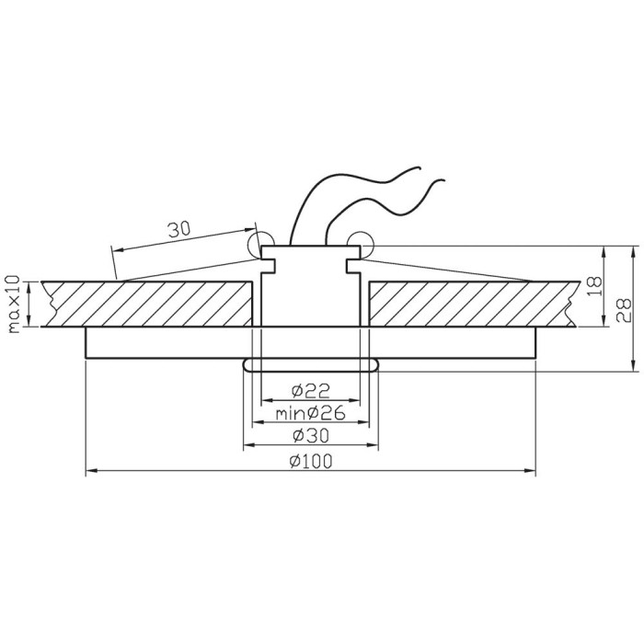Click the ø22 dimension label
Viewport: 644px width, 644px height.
(x=311, y=391)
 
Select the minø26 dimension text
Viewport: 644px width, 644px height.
(x=311, y=414)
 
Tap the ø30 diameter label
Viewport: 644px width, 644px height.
(x=311, y=436)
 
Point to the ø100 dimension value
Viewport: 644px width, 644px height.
(x=311, y=462)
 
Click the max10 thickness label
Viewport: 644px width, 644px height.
(x=14, y=304)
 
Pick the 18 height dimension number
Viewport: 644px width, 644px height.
(x=594, y=287)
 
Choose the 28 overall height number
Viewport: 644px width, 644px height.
(x=624, y=311)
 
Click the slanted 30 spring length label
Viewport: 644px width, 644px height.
(x=179, y=229)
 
